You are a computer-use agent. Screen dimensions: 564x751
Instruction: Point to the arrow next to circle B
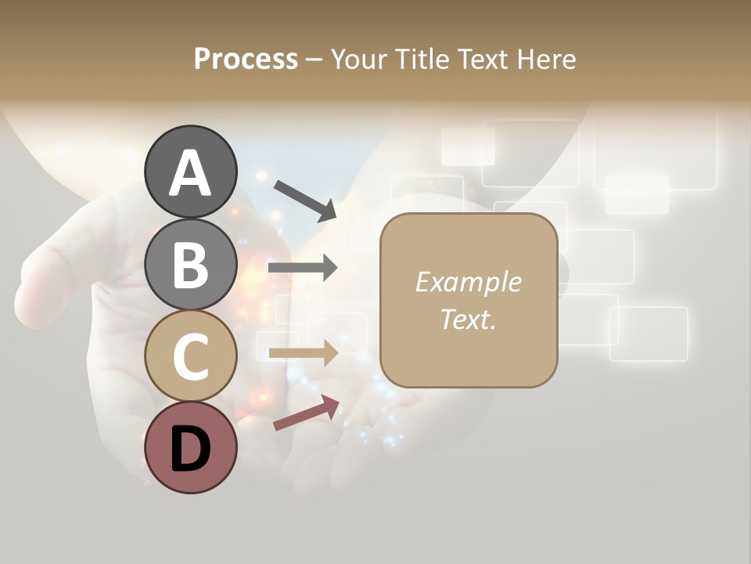(303, 268)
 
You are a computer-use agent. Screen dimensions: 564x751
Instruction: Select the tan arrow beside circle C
(303, 352)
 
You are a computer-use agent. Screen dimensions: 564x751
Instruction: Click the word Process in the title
(246, 59)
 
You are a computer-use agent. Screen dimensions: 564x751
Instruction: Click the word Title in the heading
(421, 59)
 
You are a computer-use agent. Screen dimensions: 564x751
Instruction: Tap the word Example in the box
(468, 282)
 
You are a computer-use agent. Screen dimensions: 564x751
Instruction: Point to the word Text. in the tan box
(468, 320)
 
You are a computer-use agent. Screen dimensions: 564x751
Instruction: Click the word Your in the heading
(360, 59)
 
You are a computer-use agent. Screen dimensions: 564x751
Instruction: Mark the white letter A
(190, 172)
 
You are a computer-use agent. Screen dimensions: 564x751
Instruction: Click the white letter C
(190, 357)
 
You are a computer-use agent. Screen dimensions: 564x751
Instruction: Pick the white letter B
(190, 264)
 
